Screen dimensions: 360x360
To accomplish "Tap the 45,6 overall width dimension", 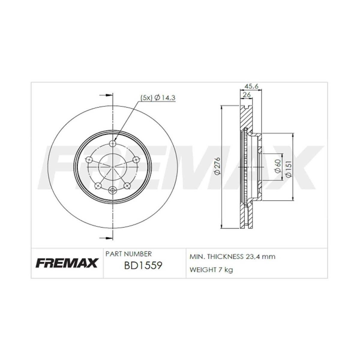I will (251, 86).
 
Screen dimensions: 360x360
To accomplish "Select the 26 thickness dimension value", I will (247, 95).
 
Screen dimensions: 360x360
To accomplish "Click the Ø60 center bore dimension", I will (278, 166).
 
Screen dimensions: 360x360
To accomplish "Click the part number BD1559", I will (143, 265).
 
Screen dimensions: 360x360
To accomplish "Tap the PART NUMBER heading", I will (128, 254).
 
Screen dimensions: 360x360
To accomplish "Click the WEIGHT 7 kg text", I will (211, 270).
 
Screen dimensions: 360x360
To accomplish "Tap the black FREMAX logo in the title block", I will (67, 263).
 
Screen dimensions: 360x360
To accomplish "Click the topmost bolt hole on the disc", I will (113, 143).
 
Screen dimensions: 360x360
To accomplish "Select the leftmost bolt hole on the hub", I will (89, 160).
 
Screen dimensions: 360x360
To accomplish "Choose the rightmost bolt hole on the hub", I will (137, 160).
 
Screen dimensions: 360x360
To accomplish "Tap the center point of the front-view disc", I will (113, 166).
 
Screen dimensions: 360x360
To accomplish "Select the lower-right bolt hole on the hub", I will (127, 186).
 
